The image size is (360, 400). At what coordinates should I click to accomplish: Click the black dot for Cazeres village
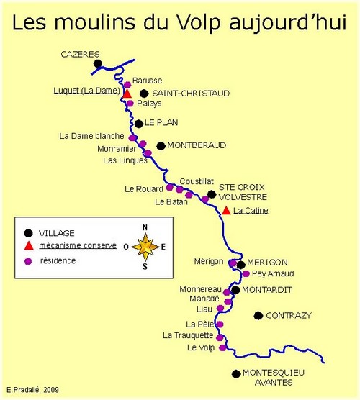pos(98,63)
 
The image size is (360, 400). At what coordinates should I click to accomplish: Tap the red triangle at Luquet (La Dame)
pos(127,94)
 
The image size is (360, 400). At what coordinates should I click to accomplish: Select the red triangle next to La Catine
pos(226,211)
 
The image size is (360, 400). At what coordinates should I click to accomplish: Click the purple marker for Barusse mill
pos(127,85)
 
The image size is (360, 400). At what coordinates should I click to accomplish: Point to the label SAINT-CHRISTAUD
pos(191,94)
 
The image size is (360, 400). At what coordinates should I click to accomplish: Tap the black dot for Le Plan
pos(139,124)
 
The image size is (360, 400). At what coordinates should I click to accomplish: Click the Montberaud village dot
pos(161,146)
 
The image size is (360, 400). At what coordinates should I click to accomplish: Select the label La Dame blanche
pos(91,136)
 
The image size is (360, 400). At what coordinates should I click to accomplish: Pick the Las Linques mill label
pos(125,160)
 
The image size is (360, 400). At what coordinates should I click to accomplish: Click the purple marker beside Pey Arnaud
pos(246,273)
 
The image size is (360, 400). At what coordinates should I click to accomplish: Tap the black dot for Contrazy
pos(258,316)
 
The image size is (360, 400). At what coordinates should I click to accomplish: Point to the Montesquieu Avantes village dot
pos(236,374)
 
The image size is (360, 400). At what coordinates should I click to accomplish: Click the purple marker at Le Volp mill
pos(222,347)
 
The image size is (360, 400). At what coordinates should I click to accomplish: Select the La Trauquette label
pos(188,335)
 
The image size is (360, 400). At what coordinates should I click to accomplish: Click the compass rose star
pos(145,247)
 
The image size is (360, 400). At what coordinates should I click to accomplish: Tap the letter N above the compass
pos(145,227)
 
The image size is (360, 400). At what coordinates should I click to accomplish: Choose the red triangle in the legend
pos(29,245)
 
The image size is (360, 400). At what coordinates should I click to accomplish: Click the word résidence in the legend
pos(58,260)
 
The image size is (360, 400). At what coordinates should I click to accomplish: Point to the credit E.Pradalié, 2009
pos(32,390)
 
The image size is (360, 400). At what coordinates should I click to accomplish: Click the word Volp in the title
pos(198,22)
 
